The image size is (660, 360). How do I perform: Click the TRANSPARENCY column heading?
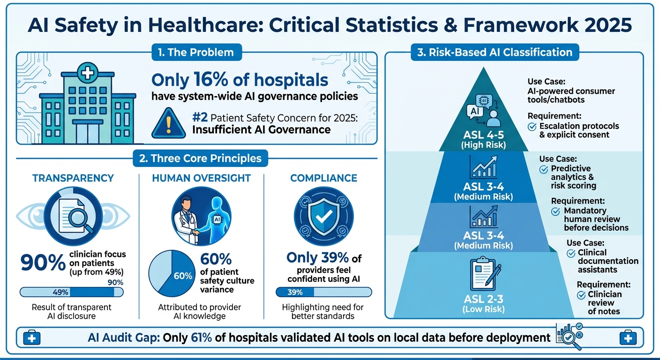(73, 178)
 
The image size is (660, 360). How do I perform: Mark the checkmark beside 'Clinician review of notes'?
(581, 295)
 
